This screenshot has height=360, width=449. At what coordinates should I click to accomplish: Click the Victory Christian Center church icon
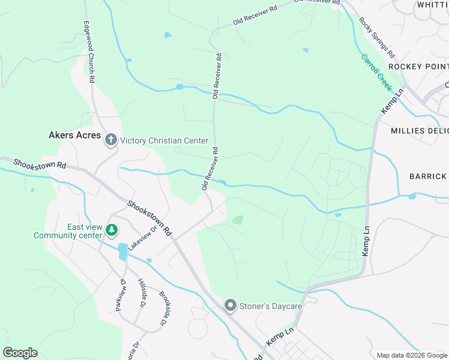pyautogui.click(x=110, y=140)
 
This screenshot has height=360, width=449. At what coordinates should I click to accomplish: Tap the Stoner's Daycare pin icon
pyautogui.click(x=230, y=306)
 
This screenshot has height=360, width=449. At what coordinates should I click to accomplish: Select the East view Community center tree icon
pyautogui.click(x=111, y=230)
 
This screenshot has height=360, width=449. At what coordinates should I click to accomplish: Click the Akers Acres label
pyautogui.click(x=74, y=136)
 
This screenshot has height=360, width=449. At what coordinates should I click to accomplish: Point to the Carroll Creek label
pyautogui.click(x=376, y=72)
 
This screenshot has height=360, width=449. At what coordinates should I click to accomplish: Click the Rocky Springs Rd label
pyautogui.click(x=376, y=37)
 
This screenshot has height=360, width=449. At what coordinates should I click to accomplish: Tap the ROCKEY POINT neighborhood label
pyautogui.click(x=418, y=66)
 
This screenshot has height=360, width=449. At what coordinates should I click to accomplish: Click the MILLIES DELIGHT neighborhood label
pyautogui.click(x=420, y=131)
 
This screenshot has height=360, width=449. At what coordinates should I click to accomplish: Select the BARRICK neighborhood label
pyautogui.click(x=429, y=176)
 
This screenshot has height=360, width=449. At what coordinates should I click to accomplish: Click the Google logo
pyautogui.click(x=20, y=353)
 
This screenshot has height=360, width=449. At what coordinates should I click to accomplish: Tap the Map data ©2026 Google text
pyautogui.click(x=411, y=355)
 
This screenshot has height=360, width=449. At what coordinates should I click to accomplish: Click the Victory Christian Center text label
pyautogui.click(x=164, y=141)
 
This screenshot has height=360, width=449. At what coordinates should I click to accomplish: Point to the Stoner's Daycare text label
pyautogui.click(x=270, y=307)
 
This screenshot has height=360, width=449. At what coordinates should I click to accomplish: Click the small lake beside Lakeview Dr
pyautogui.click(x=122, y=251)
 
